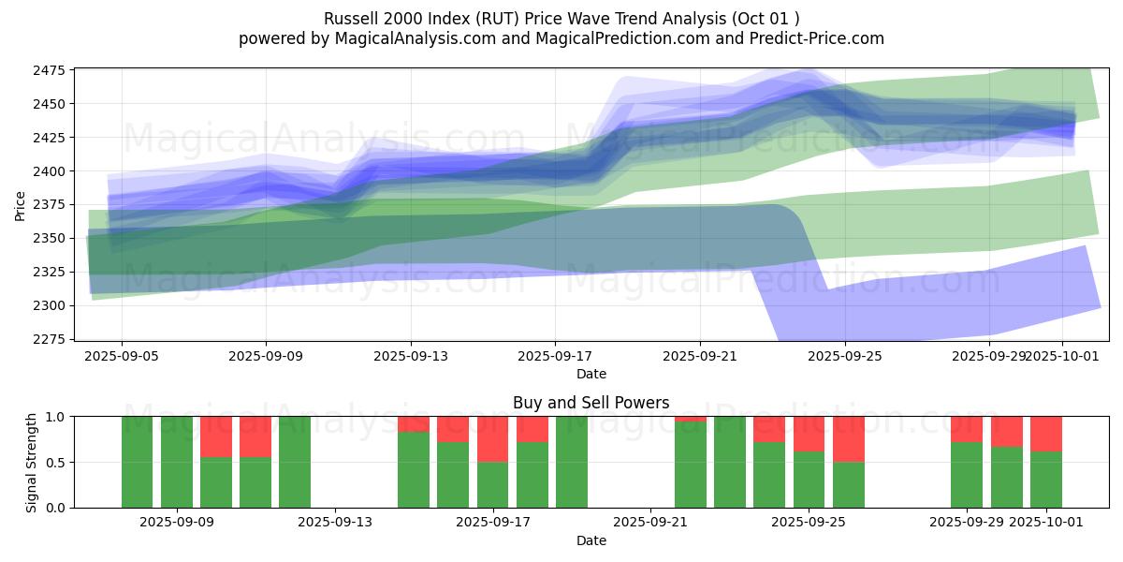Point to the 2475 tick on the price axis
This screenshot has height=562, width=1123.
50,70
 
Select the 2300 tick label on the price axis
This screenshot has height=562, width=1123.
50,305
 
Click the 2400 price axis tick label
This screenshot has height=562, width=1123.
50,171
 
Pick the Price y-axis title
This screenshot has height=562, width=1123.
21,204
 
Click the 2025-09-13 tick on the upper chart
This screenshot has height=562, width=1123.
411,356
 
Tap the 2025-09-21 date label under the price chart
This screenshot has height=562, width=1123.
700,356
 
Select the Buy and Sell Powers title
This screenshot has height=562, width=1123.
591,403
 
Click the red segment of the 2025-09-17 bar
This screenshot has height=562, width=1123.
492,438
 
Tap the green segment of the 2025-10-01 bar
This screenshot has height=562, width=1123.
1045,480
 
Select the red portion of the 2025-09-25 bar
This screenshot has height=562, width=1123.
809,434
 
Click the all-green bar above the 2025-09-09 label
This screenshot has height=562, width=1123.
176,462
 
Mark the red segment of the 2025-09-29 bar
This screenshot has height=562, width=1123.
967,429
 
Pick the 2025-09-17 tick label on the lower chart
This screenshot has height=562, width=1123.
492,522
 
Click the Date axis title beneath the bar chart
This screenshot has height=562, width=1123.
591,540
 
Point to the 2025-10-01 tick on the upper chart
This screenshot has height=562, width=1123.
1062,356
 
